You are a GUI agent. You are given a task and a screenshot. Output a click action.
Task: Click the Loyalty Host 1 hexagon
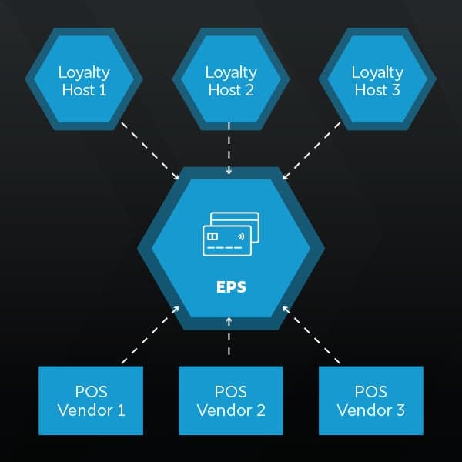tap(84, 80)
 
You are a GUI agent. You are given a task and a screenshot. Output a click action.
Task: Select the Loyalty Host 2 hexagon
tap(231, 80)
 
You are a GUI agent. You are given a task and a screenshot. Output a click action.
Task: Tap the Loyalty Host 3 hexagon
tap(377, 80)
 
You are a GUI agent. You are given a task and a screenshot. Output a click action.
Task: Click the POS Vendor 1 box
tap(91, 400)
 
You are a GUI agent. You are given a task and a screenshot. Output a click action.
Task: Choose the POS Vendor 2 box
tap(231, 400)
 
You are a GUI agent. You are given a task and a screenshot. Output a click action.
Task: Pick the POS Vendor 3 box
tap(371, 400)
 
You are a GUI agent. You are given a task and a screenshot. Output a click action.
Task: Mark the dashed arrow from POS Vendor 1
tap(151, 334)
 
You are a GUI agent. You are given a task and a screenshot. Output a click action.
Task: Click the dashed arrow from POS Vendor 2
tap(230, 336)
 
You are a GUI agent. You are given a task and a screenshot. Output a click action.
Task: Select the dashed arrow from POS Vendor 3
tap(311, 334)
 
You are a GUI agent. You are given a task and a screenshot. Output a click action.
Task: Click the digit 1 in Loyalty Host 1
tap(105, 90)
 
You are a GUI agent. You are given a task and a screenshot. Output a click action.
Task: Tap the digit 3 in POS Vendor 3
tap(400, 410)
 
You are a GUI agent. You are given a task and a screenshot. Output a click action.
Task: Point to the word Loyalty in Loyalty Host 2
tap(231, 72)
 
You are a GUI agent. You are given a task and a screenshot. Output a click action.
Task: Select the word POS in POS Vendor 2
tap(231, 391)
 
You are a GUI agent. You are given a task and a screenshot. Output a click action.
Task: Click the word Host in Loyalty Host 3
tap(370, 90)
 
